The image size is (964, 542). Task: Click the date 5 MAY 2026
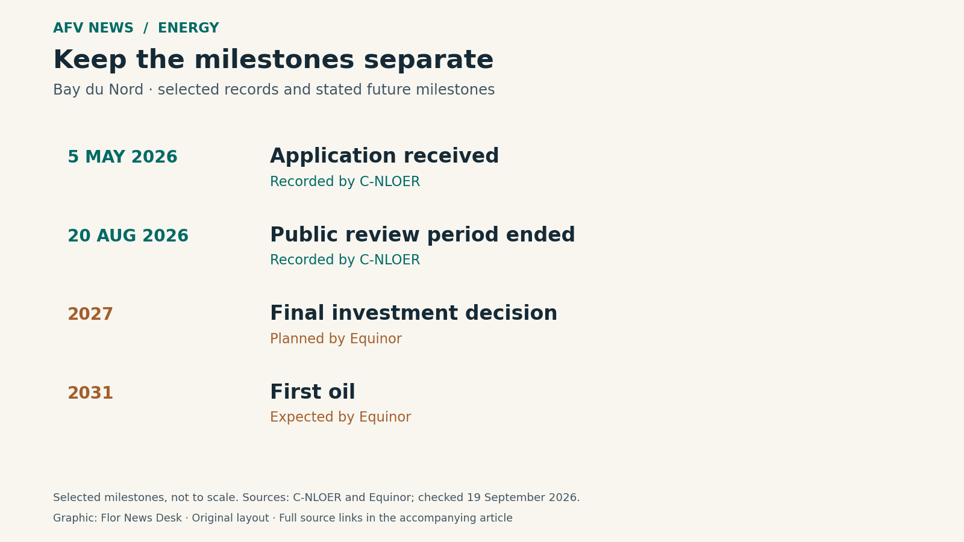click(122, 157)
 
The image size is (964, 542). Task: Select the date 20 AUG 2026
click(128, 235)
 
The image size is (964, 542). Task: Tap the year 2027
click(90, 314)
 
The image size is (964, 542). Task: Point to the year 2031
click(90, 393)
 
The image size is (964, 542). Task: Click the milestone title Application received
click(384, 156)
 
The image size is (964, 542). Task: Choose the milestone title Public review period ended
click(422, 235)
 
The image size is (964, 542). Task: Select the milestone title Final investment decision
click(413, 313)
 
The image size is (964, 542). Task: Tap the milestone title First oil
click(313, 391)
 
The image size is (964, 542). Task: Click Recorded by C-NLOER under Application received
click(345, 181)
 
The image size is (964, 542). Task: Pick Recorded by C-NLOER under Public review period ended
click(345, 260)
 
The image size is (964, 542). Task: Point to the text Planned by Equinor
click(336, 338)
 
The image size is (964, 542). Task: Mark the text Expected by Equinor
click(340, 417)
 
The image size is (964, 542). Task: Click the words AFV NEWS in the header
click(93, 28)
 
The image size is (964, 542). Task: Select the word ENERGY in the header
click(189, 28)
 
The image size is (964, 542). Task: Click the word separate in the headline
click(428, 60)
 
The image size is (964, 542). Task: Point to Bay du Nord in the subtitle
click(98, 90)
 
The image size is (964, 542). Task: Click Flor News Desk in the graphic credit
click(141, 518)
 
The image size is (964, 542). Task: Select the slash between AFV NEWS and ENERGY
click(146, 28)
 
